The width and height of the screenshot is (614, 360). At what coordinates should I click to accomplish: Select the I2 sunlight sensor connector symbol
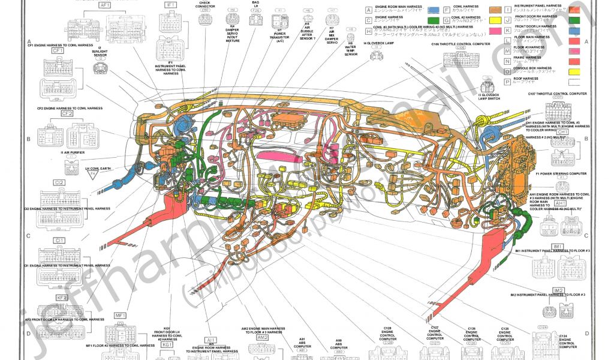[100, 68]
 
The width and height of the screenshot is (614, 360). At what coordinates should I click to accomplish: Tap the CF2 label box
[66, 113]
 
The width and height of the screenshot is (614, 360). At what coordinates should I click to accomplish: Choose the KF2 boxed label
[61, 297]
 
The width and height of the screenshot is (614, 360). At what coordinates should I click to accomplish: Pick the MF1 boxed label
[121, 316]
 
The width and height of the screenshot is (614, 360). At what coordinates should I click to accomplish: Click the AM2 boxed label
[263, 338]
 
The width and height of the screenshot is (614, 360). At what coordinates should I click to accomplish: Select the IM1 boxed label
[558, 247]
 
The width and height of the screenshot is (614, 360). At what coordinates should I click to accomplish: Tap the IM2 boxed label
[559, 290]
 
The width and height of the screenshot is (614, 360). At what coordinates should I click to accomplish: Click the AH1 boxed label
[560, 203]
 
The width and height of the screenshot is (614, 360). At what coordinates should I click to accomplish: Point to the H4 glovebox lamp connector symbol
[377, 56]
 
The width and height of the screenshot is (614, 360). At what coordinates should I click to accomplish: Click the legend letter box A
[369, 10]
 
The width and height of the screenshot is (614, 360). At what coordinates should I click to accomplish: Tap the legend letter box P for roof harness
[507, 80]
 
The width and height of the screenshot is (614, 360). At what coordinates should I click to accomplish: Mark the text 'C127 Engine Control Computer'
[436, 334]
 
